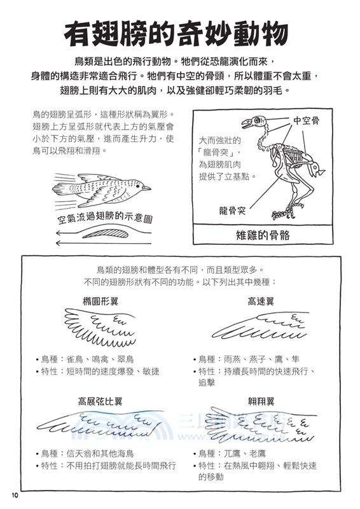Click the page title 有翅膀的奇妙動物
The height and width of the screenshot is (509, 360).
(x=180, y=32)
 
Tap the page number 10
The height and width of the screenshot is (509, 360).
(x=15, y=495)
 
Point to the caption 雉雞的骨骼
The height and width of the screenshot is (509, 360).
(x=263, y=235)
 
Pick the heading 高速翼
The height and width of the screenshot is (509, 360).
(x=261, y=301)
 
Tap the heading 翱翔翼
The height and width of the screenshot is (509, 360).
(x=261, y=401)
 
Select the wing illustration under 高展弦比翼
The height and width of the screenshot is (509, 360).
(x=99, y=424)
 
